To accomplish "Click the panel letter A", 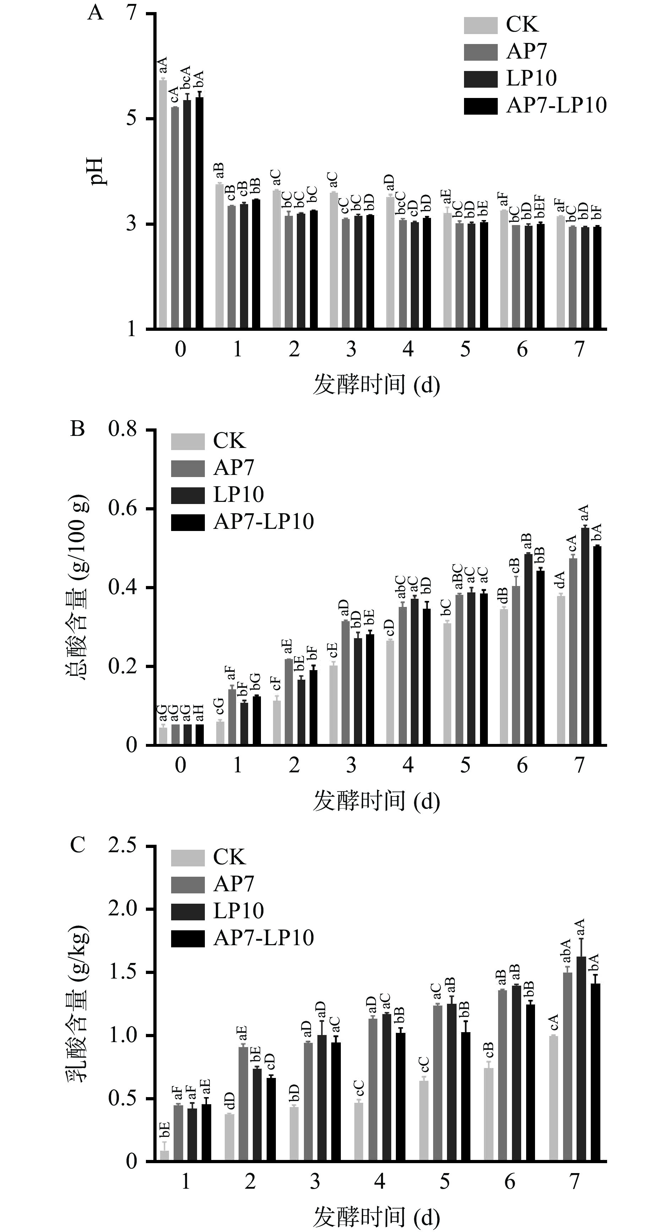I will [x=95, y=13].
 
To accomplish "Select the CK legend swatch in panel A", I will [x=481, y=25].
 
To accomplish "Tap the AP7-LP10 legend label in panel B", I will [x=263, y=521].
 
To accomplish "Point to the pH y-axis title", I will [x=99, y=171].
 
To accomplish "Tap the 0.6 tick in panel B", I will [x=122, y=508].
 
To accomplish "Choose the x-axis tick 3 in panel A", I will [x=351, y=350].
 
